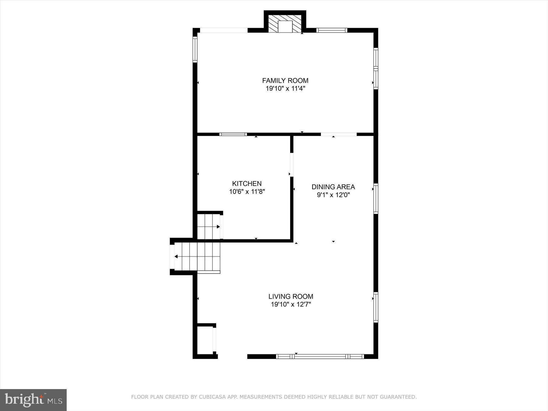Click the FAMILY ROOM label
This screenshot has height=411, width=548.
coord(285,81)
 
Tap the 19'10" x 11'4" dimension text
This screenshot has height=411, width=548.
coord(285,89)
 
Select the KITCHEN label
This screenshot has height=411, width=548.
coord(247,184)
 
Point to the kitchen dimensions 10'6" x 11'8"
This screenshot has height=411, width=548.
coord(247,192)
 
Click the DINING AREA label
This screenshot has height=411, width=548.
coord(333,187)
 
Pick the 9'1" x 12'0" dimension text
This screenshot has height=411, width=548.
coord(333,195)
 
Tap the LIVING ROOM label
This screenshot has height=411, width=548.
coord(291,297)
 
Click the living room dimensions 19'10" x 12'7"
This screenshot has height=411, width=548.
coord(291,304)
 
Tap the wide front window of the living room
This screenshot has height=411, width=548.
coord(320,357)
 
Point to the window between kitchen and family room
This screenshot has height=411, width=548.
coord(233,134)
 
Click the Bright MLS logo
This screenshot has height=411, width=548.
coord(33,400)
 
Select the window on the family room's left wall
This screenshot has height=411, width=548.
coord(195,49)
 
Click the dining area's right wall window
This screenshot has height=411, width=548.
coord(376,199)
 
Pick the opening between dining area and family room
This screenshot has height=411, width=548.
coord(339,134)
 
